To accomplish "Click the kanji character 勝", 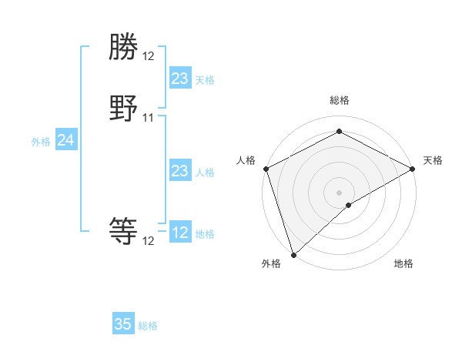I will click(124, 49).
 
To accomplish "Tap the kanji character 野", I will click(124, 109).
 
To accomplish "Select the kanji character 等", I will click(124, 230).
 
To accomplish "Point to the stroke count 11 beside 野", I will click(149, 118).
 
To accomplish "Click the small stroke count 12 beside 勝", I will click(149, 56).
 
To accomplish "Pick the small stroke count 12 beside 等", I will click(149, 241).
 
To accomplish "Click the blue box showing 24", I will click(66, 140).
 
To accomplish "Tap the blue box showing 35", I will click(123, 324).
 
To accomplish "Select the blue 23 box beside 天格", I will click(179, 79).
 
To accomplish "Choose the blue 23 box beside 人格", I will click(179, 171).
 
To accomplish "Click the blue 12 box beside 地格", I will click(179, 233).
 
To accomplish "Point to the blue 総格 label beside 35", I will click(148, 326).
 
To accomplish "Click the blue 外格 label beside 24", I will click(41, 142).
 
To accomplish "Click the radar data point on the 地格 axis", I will click(349, 205).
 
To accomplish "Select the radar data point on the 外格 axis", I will click(293, 255).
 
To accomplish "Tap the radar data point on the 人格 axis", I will click(265, 169).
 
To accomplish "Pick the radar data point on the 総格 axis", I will click(339, 132).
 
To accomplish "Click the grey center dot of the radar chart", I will click(339, 192).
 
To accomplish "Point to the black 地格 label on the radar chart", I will click(403, 264).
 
